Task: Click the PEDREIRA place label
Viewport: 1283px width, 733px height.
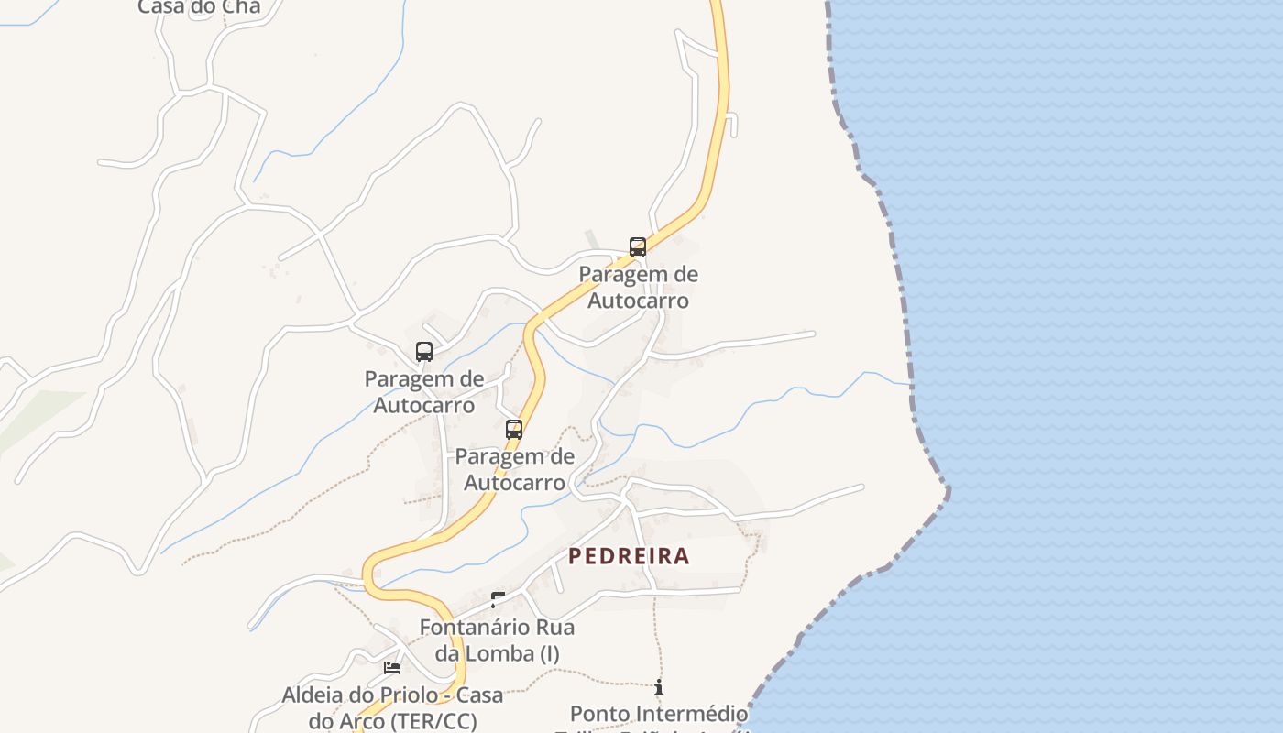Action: point(629,556)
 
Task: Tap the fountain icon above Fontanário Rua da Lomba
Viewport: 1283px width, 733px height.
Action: point(498,600)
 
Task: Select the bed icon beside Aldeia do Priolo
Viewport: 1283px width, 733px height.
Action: point(392,668)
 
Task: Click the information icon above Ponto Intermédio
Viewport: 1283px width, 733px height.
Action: point(658,686)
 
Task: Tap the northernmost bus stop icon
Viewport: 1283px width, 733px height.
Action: point(637,246)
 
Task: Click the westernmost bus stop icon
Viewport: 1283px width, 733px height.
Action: point(423,351)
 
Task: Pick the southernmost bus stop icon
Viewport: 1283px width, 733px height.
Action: point(514,429)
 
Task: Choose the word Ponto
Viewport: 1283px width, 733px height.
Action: point(600,713)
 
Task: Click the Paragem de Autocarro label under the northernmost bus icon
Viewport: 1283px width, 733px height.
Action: point(638,287)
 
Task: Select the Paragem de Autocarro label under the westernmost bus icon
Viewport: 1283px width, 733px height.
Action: point(423,391)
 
